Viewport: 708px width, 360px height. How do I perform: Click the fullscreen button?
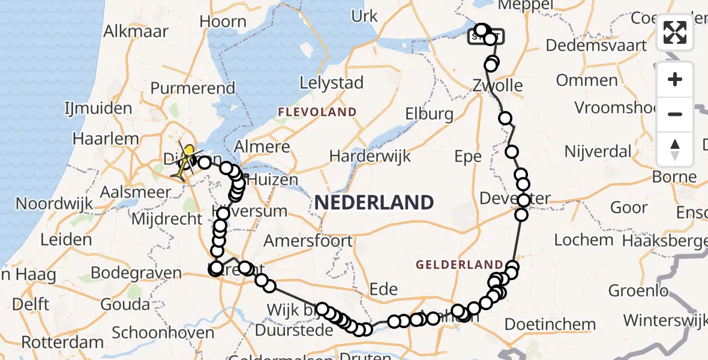coord(675,32)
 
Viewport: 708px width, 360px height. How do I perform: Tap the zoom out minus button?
coord(675,114)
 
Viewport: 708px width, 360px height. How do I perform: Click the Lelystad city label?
coord(331,82)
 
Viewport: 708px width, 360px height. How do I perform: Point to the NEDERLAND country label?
coord(374,202)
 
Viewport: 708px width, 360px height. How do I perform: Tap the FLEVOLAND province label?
coord(317,112)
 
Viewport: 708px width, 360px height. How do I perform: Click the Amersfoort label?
coord(308,241)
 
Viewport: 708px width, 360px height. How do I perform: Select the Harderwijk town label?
coord(370,157)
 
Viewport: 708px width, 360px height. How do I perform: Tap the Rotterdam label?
coord(62,343)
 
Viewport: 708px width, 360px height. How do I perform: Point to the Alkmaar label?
coord(136,31)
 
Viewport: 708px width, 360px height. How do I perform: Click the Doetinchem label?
coord(550,325)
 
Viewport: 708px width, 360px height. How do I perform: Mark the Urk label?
coord(364,16)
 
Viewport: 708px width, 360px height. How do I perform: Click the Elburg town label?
coord(429,113)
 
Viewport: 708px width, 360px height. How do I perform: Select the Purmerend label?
coord(193,88)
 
